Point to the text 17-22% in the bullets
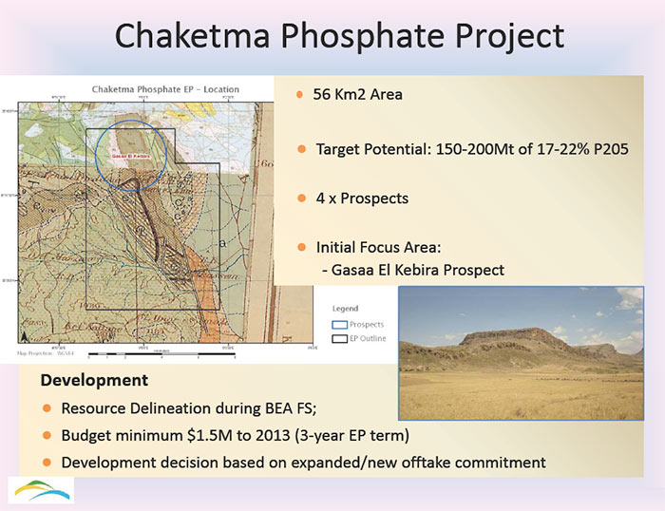[553, 150]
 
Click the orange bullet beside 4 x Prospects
[300, 199]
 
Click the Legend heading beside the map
[345, 309]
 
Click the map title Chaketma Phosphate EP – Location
[165, 89]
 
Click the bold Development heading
[94, 380]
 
